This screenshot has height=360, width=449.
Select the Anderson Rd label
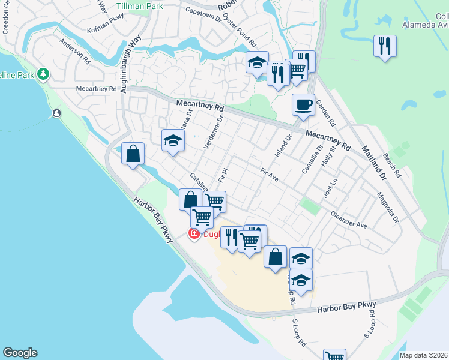click(74, 52)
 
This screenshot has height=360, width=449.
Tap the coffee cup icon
click(303, 104)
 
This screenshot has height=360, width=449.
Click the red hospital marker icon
click(194, 234)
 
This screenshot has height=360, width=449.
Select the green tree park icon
click(43, 74)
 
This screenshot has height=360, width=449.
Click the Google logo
click(20, 353)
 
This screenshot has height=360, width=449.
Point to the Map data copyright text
click(423, 355)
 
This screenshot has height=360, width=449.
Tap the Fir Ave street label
click(270, 175)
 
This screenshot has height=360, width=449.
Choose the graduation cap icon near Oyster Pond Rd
click(257, 62)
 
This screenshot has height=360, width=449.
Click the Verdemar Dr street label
click(213, 133)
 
